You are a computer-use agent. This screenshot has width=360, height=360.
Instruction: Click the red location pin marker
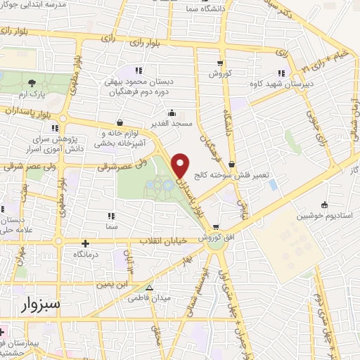(181, 165)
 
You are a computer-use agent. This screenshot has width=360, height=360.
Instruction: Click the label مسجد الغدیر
(172, 124)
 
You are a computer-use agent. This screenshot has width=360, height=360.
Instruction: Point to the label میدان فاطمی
(148, 298)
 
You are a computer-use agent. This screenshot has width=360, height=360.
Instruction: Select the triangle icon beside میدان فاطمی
(148, 288)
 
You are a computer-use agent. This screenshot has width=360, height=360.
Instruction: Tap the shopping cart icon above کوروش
(220, 62)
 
